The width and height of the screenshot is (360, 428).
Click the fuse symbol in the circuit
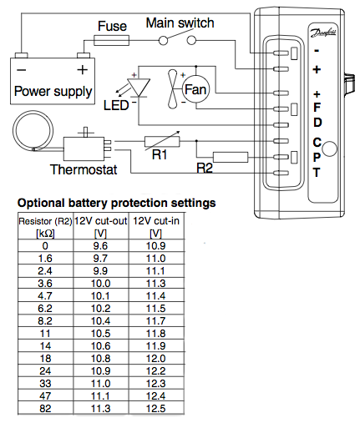coord(111,40)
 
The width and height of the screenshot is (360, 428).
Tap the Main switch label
coord(180,23)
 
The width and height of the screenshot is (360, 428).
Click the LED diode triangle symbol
coord(139,88)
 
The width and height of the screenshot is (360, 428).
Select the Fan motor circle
coord(195,89)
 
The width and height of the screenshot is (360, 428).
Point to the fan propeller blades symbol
coord(173,89)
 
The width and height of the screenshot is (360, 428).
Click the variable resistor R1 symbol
coord(162,141)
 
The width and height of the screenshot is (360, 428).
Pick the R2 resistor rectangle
coord(231,157)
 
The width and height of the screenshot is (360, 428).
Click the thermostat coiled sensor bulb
coord(33,131)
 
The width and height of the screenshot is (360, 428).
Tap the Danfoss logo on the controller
coord(323,33)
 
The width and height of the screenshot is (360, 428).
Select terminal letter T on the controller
coord(317,173)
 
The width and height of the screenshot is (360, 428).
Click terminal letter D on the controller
coord(317,123)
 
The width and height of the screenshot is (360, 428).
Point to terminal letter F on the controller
coord(317,107)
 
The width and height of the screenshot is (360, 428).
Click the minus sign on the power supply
coord(22,69)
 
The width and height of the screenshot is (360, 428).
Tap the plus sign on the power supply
coord(83,69)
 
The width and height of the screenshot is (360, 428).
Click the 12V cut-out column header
coord(100,227)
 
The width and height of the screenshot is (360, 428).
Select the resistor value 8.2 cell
coord(45,321)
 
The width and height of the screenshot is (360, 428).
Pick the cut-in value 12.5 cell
coord(156,409)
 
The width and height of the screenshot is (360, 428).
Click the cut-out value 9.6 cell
coord(100,246)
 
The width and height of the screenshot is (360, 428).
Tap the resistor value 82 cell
coord(45,409)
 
